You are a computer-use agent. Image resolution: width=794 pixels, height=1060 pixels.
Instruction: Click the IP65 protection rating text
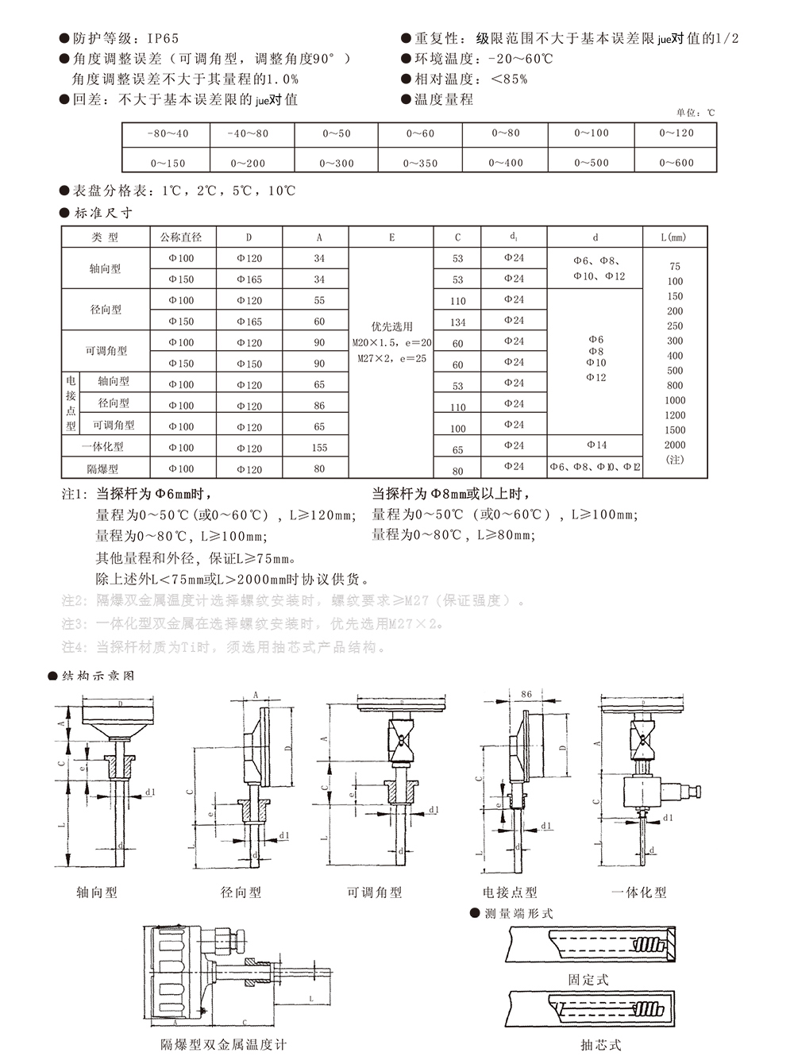click(x=164, y=38)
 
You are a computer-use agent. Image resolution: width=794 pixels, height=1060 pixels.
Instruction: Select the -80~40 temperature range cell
click(x=168, y=133)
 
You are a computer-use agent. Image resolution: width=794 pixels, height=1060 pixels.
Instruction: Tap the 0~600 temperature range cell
click(x=676, y=163)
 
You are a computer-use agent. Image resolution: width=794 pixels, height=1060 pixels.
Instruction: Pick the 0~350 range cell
click(x=420, y=163)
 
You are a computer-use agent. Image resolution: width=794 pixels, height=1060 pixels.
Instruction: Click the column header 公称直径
click(x=181, y=237)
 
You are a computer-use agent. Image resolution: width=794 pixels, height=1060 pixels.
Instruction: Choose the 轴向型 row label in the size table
click(x=106, y=269)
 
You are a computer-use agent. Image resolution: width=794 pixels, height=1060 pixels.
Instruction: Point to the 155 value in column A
click(x=319, y=448)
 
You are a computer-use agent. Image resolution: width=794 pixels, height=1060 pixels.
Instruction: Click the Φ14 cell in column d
click(x=596, y=445)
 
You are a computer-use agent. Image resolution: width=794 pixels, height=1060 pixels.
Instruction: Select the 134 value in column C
click(x=458, y=322)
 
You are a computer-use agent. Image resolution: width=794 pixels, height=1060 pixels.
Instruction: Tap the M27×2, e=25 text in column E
click(x=391, y=359)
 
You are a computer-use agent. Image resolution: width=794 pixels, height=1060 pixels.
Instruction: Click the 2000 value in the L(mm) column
click(x=675, y=445)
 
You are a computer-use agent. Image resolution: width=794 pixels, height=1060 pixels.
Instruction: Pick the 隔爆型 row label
click(x=106, y=469)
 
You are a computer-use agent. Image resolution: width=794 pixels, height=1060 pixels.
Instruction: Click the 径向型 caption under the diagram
click(x=241, y=892)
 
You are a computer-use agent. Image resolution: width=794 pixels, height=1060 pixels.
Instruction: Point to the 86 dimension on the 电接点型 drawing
click(x=526, y=695)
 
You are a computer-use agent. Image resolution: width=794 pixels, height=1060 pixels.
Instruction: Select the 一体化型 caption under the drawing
click(x=638, y=892)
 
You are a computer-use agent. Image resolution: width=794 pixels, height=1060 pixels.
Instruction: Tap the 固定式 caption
click(x=588, y=980)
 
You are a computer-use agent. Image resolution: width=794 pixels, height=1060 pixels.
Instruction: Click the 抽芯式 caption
click(x=600, y=1045)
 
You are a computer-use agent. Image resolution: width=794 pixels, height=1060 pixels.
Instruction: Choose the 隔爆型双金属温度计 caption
click(x=223, y=1045)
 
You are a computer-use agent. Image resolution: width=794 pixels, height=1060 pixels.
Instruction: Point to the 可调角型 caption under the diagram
click(x=374, y=892)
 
